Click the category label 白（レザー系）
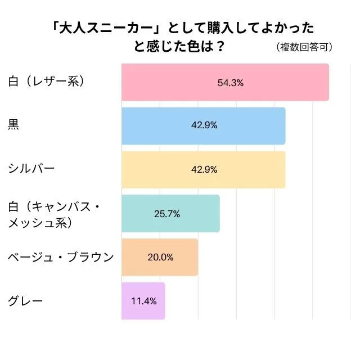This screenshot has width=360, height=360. click(46, 82)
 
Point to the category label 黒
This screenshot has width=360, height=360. click(13, 125)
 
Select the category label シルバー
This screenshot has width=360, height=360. click(31, 169)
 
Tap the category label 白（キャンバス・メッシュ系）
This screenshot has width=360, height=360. click(54, 214)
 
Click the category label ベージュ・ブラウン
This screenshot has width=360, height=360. click(61, 257)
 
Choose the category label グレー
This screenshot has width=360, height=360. click(24, 301)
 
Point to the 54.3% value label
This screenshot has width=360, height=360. click(230, 83)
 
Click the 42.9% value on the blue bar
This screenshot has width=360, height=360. click(204, 125)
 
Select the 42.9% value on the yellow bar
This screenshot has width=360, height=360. click(204, 169)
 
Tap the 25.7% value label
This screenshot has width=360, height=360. click(166, 214)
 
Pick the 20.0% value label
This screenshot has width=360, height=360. click(160, 257)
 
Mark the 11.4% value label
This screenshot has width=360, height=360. click(143, 301)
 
